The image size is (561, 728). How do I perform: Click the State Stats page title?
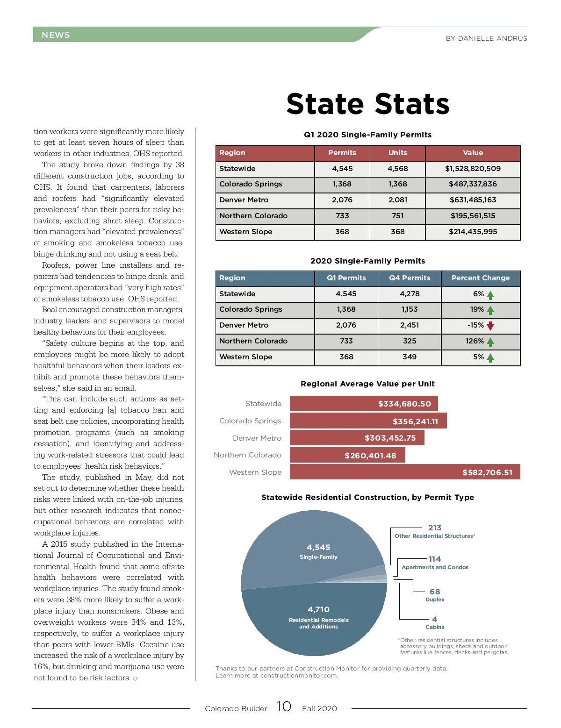tap(368, 104)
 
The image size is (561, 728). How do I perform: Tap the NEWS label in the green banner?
tap(56, 35)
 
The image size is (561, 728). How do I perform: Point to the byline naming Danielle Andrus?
tap(486, 38)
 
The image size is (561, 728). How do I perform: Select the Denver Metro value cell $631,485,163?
tap(473, 200)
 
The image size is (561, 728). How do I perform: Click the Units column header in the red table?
tap(397, 153)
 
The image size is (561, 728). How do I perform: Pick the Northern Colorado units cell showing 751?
tap(397, 216)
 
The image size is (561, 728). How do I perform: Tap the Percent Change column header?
tap(480, 278)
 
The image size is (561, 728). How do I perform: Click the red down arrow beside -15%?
tap(490, 326)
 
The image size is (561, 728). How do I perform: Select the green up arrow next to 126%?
tap(490, 342)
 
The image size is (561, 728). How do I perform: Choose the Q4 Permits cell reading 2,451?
tap(410, 325)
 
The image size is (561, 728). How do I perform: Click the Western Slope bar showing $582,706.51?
tap(405, 472)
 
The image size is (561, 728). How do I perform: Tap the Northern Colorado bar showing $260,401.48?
tap(347, 455)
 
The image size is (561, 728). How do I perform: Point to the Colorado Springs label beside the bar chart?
tap(250, 421)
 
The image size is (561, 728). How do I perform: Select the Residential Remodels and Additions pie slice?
tap(318, 617)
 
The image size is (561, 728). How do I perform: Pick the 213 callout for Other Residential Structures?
tap(435, 528)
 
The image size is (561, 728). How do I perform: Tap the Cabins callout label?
tap(435, 627)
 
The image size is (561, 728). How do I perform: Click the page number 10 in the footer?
tap(284, 707)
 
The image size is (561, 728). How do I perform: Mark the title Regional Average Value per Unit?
tap(367, 384)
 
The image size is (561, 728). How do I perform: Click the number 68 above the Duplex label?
tap(435, 592)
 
